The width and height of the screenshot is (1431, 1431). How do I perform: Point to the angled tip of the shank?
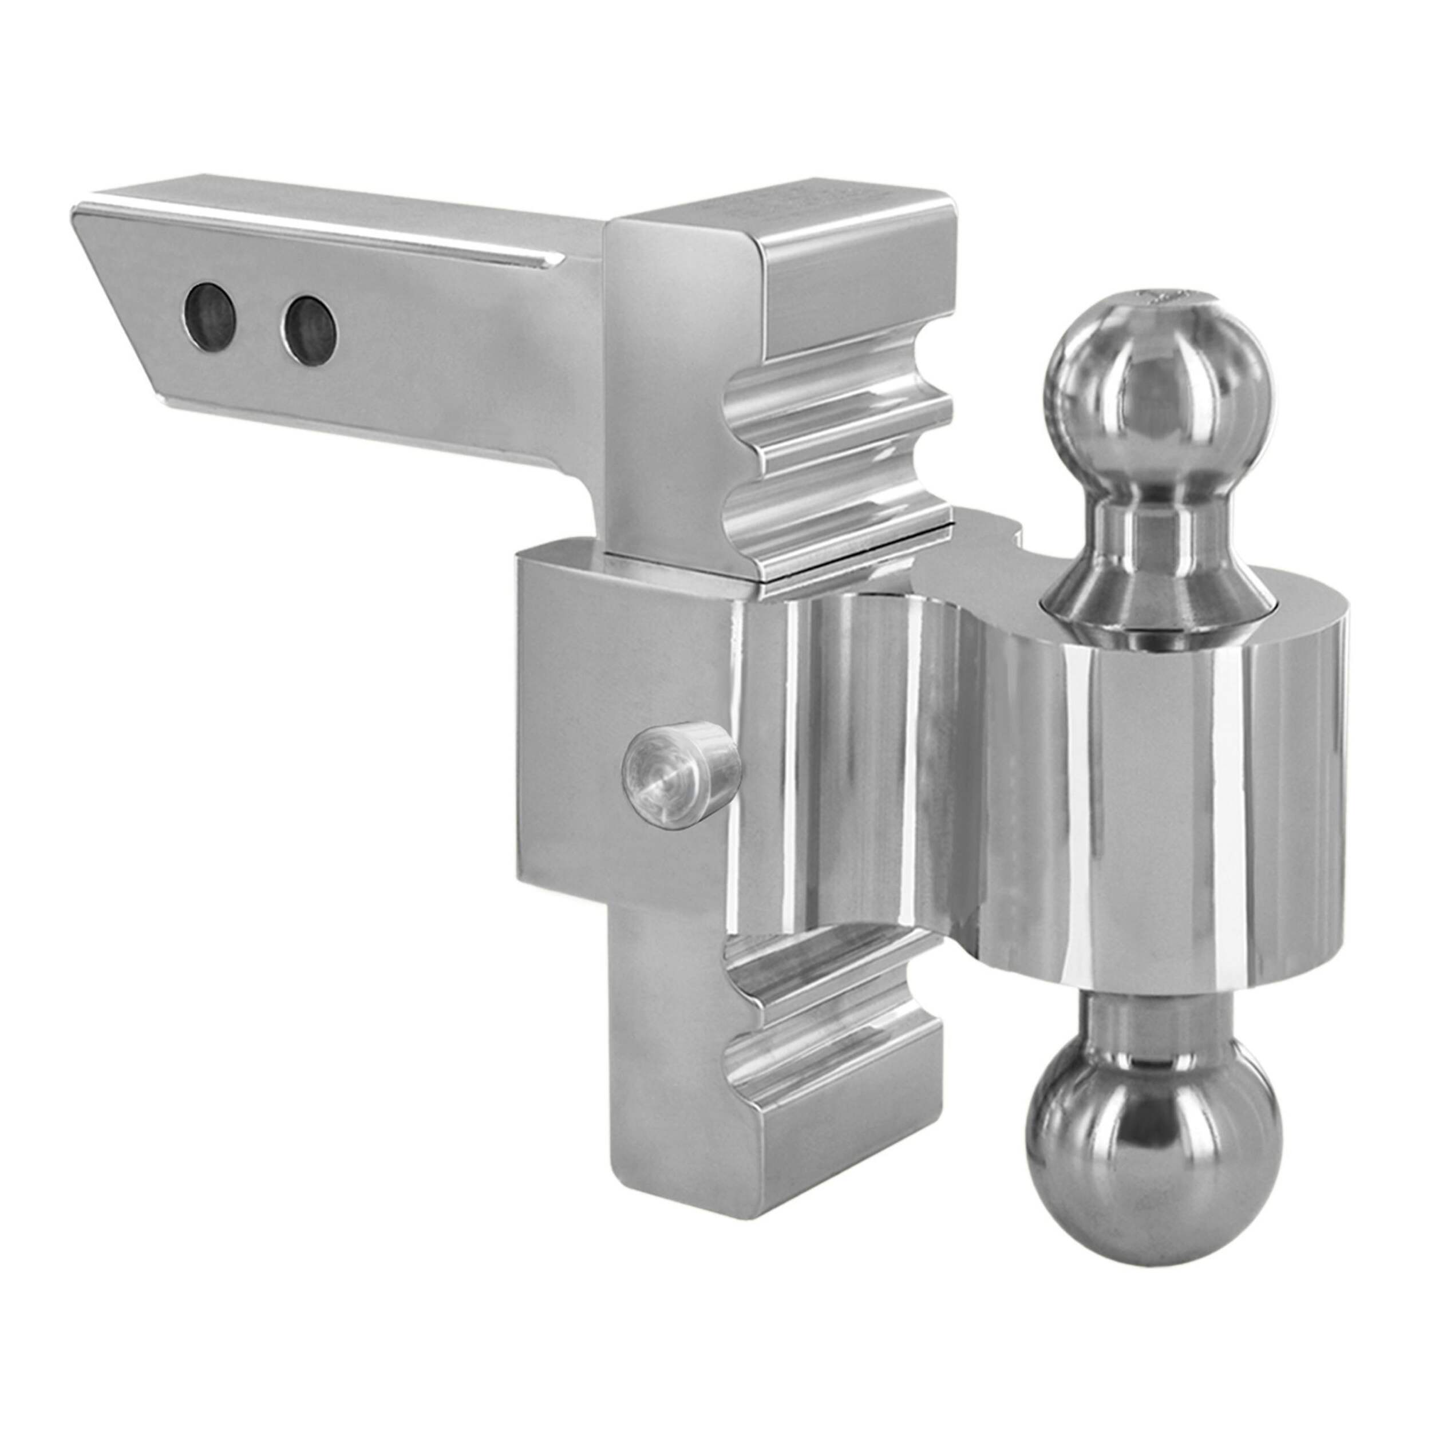(111, 297)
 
